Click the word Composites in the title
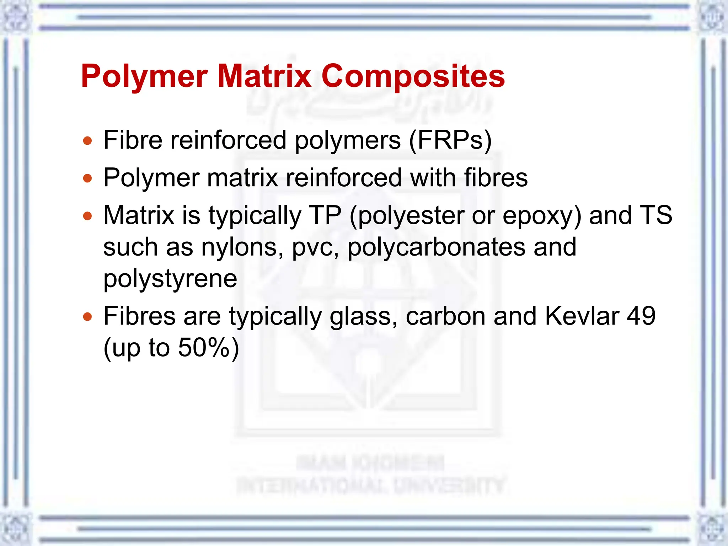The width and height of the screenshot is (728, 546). (413, 77)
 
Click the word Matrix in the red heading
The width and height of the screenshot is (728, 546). (264, 76)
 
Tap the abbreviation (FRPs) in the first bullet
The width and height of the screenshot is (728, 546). (450, 140)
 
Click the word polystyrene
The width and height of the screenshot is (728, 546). (170, 279)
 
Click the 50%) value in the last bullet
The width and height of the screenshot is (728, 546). (209, 348)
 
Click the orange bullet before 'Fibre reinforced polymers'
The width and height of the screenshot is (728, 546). (87, 141)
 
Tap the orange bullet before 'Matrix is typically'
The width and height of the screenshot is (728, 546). (87, 216)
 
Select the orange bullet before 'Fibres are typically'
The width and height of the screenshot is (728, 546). (87, 316)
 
